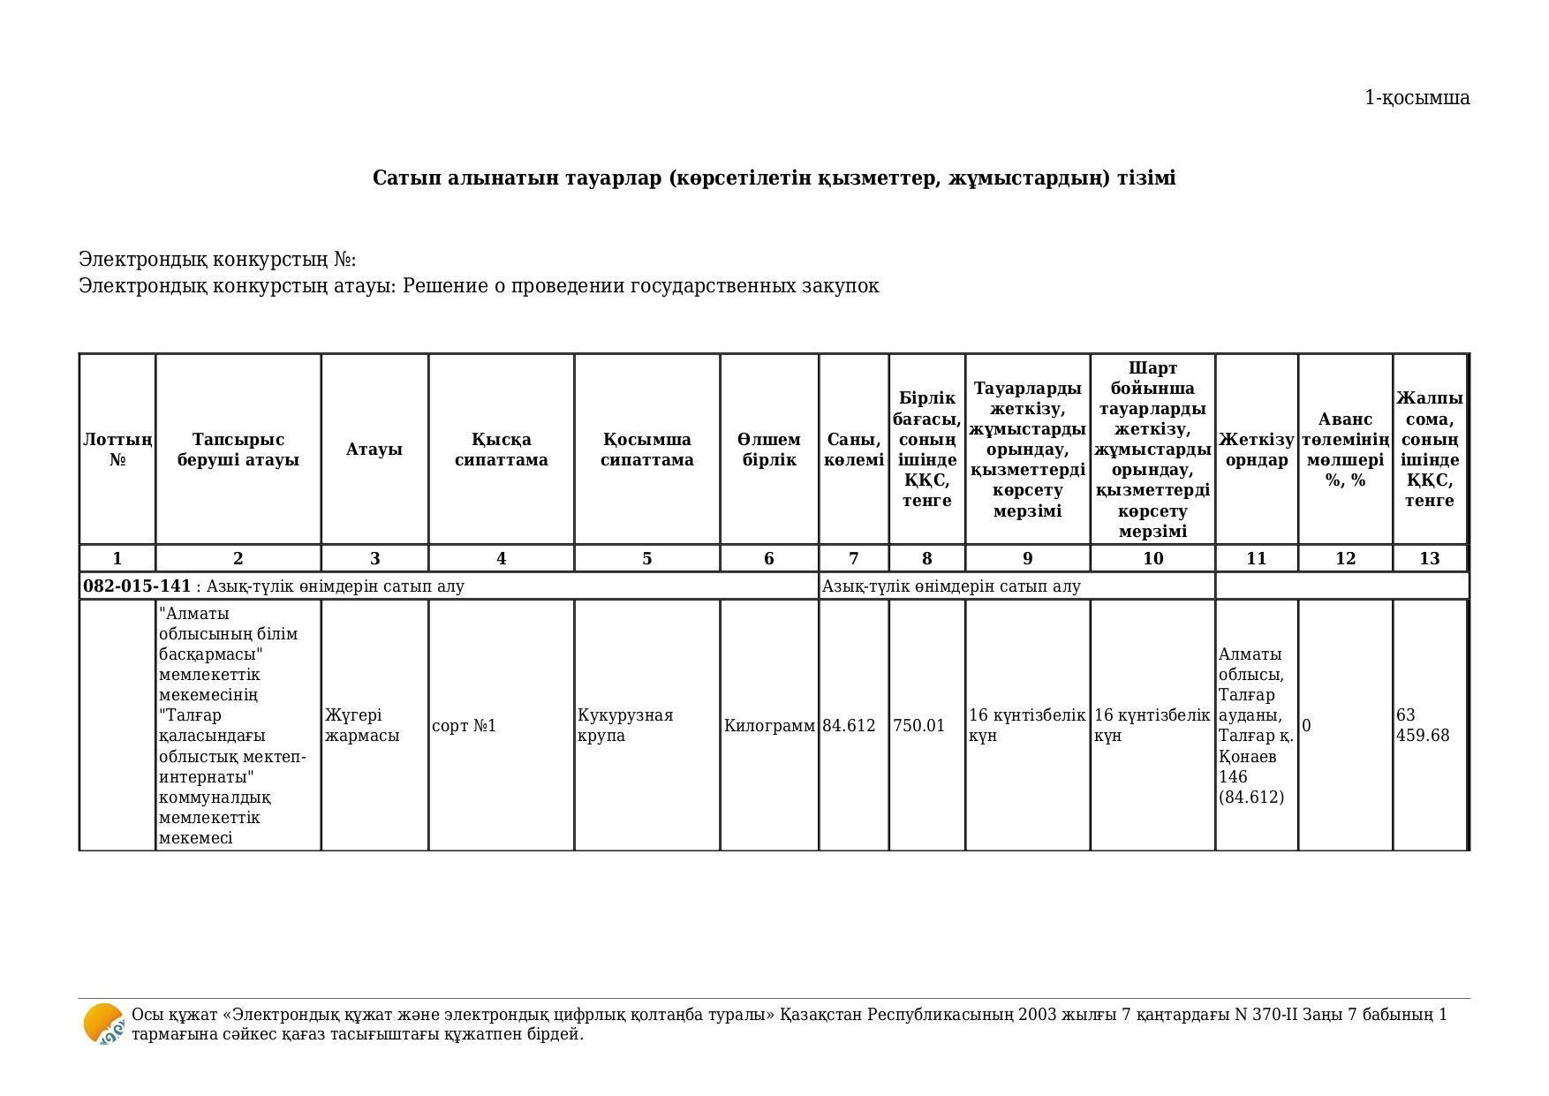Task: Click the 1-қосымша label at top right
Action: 1417,98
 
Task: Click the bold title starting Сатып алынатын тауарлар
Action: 774,178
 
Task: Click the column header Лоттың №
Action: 117,450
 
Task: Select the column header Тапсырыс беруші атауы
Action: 238,450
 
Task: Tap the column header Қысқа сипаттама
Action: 501,450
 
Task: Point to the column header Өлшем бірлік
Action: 768,450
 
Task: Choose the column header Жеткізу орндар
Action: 1256,450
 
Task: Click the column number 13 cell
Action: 1429,559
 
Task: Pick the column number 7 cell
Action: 853,559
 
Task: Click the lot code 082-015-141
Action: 137,586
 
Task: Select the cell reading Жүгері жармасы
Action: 361,725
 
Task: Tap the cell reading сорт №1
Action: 464,726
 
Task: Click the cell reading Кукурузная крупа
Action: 625,725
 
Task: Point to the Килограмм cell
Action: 769,726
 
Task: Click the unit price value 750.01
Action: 918,726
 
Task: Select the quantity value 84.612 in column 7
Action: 849,726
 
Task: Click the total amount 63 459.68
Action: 1423,725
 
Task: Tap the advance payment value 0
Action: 1307,726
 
